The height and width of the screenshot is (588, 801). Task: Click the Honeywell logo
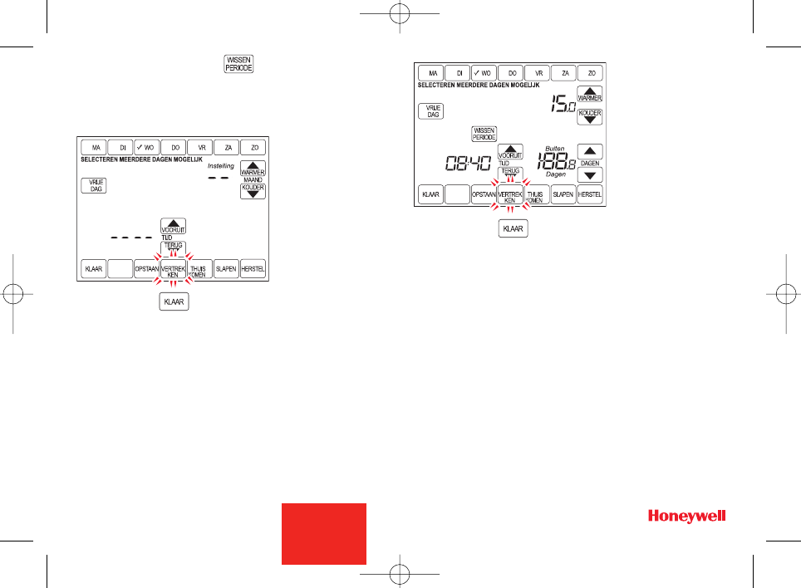(x=687, y=517)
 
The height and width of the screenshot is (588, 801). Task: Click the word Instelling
(x=220, y=166)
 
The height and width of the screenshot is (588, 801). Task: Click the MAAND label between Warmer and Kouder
(x=252, y=179)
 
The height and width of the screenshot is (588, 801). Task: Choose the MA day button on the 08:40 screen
(x=430, y=73)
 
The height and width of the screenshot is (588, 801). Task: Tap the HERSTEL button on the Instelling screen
(x=253, y=270)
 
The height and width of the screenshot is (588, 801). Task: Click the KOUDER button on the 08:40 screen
(x=590, y=115)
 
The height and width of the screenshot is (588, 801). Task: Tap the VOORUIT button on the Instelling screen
(x=173, y=226)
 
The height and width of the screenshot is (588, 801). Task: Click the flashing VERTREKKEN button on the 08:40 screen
(x=510, y=195)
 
